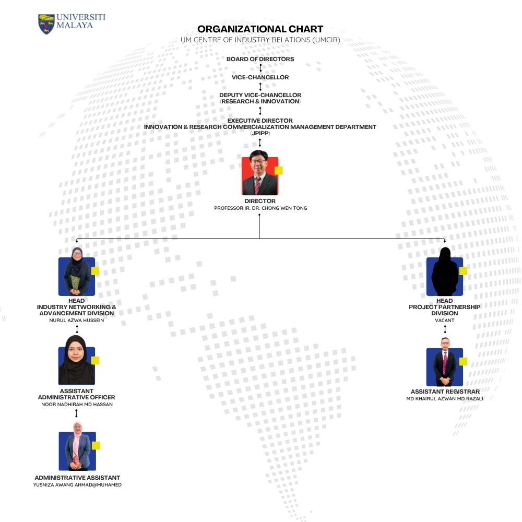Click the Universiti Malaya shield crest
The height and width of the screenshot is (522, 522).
tap(46, 24)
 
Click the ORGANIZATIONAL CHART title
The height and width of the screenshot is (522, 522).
tap(260, 29)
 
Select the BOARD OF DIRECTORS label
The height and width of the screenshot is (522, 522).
tap(260, 59)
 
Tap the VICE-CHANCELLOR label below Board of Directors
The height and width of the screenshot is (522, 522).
tap(260, 77)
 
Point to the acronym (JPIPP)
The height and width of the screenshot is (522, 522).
tap(260, 133)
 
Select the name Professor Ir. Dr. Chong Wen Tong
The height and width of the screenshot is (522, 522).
tap(260, 208)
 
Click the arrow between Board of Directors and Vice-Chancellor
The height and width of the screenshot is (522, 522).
tap(260, 68)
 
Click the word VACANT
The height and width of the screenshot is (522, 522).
tap(445, 321)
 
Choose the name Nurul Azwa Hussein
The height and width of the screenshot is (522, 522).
tap(77, 321)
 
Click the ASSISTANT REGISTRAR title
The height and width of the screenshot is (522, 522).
tap(445, 391)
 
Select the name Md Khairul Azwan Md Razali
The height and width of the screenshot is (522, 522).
tap(445, 398)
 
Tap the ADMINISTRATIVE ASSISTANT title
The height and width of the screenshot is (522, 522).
tap(77, 478)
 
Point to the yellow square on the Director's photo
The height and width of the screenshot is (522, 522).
tap(279, 171)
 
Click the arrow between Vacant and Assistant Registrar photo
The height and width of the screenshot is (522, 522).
tap(445, 329)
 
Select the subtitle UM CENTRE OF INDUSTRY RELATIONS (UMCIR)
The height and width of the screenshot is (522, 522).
tap(260, 40)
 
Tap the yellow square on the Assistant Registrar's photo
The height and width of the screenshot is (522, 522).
tap(463, 362)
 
